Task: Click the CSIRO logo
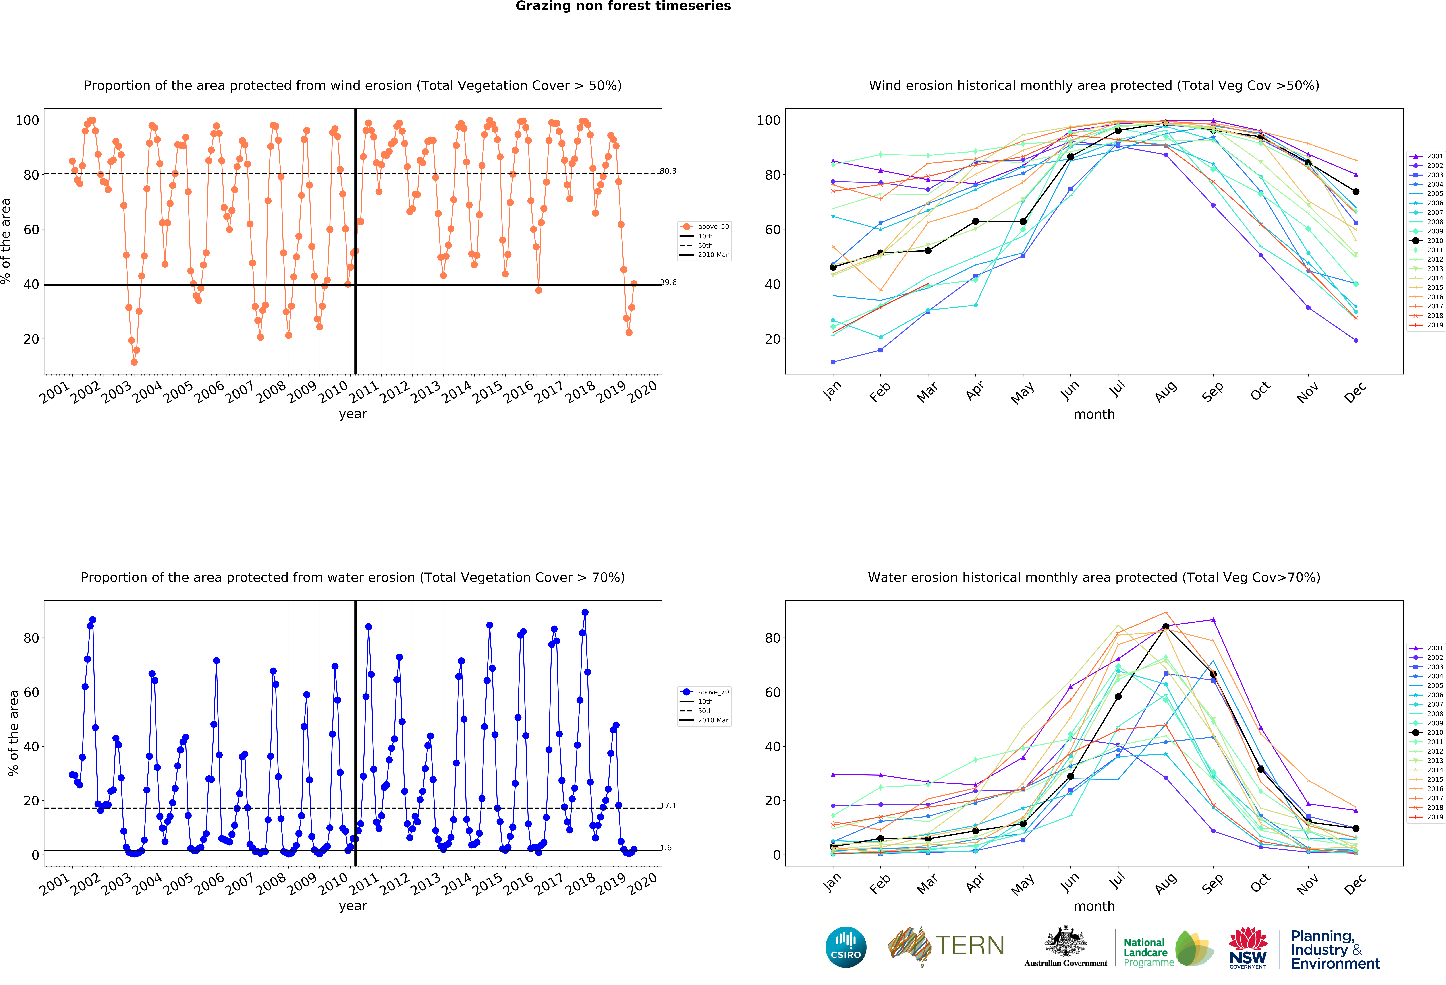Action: pos(846,947)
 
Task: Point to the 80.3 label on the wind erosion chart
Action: pos(668,171)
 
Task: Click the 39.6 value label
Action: pos(668,282)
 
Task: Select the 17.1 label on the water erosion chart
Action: pos(668,805)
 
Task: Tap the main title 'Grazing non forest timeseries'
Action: pos(623,6)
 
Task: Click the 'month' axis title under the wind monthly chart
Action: pos(1094,414)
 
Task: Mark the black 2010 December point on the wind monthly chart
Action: pos(1356,192)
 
